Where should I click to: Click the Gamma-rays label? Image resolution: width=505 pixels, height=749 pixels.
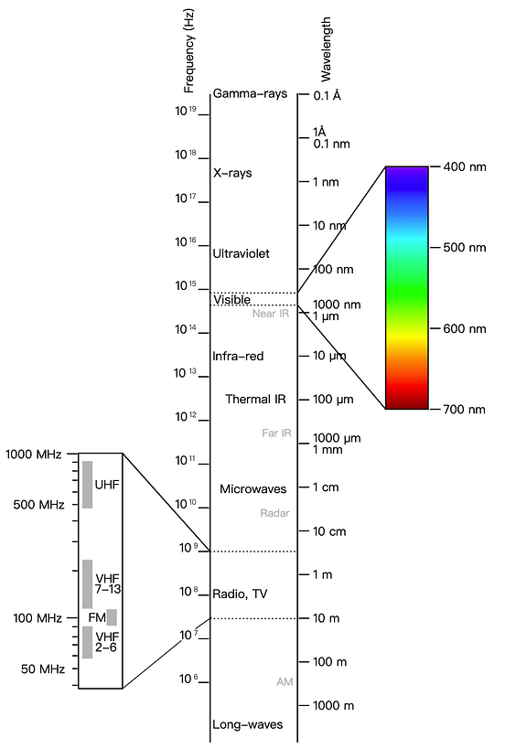pos(250,93)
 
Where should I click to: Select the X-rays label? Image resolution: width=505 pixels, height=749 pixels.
pos(232,173)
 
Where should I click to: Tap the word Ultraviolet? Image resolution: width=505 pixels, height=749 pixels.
pos(241,253)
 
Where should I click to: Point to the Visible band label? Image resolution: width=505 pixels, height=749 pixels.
pos(231,299)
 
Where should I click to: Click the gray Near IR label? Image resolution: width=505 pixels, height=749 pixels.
pos(271,314)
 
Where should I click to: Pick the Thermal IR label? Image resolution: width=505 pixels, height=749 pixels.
pos(255,399)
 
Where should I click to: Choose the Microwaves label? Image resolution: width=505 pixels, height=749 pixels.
pos(252,488)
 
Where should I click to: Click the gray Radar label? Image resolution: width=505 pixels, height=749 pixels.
pos(274,513)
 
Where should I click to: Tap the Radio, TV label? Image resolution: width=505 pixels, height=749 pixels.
pos(240,594)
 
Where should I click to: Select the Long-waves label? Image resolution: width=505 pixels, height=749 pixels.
pos(248,724)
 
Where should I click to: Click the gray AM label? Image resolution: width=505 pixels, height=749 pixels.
pos(285,681)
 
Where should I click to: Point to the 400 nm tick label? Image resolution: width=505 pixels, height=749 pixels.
pos(465,166)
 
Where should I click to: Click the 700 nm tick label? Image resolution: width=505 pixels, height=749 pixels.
pos(465,410)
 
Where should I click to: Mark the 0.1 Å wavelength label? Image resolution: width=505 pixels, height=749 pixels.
pos(328,95)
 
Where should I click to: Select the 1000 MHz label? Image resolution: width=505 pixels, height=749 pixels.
pos(34,454)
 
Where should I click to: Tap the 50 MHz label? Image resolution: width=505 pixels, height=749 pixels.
pos(42,669)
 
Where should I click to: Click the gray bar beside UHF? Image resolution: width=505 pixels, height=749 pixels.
pos(88,485)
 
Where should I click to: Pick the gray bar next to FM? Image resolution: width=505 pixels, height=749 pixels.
pos(112,617)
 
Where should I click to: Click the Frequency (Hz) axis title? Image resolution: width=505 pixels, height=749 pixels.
pos(189,50)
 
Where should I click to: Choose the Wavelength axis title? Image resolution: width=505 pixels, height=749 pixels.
pos(326,49)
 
